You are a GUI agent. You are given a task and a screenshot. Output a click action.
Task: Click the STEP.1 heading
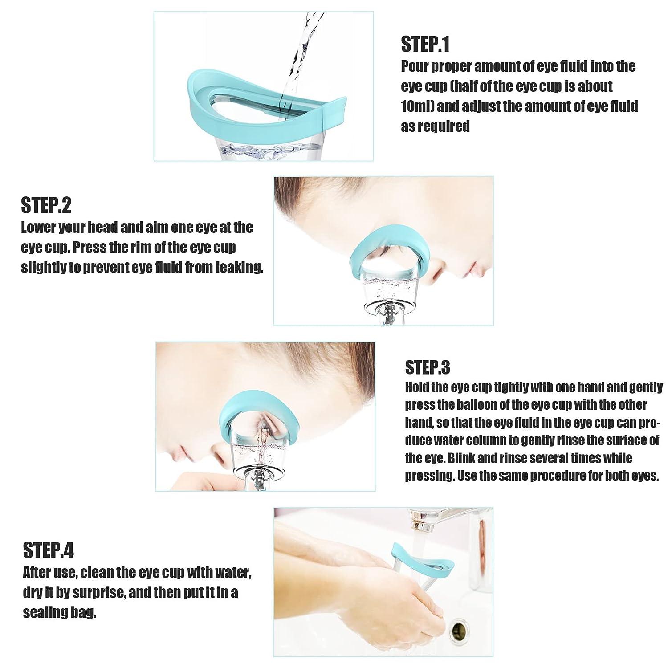[425, 45]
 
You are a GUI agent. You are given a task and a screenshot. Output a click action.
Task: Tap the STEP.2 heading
[46, 205]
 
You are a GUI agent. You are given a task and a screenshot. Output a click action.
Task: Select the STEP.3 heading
[428, 367]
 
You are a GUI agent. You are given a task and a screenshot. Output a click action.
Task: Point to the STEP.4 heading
[48, 550]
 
